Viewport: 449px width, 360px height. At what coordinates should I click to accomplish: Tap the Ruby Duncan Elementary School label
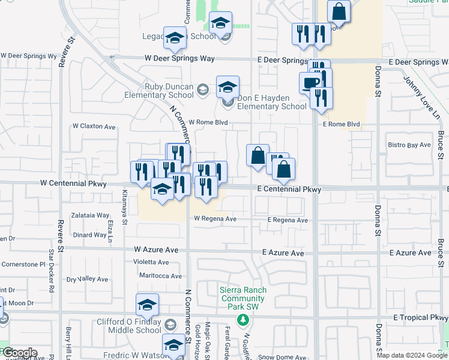click(159, 91)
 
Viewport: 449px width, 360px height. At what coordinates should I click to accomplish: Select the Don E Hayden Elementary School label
click(272, 102)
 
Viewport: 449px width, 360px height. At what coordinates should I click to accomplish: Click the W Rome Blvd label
click(209, 122)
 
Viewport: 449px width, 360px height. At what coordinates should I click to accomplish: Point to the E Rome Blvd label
click(341, 125)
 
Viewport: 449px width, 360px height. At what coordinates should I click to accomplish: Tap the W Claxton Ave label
click(94, 127)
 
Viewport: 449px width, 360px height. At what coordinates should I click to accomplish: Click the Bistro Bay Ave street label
click(409, 145)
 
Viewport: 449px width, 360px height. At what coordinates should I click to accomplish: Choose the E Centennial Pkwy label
click(289, 190)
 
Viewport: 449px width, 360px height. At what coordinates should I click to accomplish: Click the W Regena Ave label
click(214, 219)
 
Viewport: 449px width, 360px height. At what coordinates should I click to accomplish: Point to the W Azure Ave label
click(156, 249)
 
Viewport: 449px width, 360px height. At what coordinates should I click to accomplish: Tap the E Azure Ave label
click(282, 253)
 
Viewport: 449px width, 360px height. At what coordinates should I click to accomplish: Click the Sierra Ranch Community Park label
click(243, 298)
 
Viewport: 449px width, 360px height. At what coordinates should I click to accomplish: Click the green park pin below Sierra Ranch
click(243, 319)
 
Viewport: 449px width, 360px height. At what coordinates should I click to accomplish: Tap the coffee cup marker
click(310, 83)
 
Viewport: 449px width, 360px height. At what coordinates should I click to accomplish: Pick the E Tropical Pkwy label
click(421, 317)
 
